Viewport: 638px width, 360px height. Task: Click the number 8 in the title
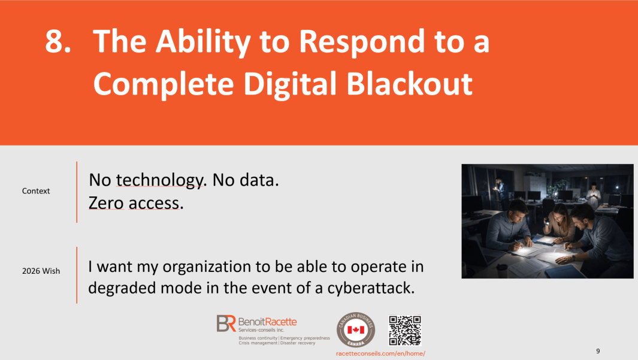pyautogui.click(x=55, y=41)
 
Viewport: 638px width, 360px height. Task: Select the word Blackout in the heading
pyautogui.click(x=409, y=84)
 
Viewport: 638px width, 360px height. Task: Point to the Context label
pyautogui.click(x=36, y=190)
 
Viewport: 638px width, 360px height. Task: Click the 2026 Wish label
pyautogui.click(x=41, y=271)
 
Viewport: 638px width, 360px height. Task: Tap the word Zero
pyautogui.click(x=106, y=203)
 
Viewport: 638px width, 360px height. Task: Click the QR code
pyautogui.click(x=405, y=330)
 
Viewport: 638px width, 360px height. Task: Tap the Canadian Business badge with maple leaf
pyautogui.click(x=356, y=329)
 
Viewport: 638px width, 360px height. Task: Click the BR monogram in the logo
pyautogui.click(x=226, y=323)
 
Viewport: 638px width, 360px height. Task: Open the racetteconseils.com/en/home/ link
pyautogui.click(x=380, y=353)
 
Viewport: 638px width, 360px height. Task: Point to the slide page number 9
pyautogui.click(x=598, y=350)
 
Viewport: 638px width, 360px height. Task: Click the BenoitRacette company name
pyautogui.click(x=267, y=322)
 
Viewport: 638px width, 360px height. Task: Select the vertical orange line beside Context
pyautogui.click(x=77, y=192)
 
